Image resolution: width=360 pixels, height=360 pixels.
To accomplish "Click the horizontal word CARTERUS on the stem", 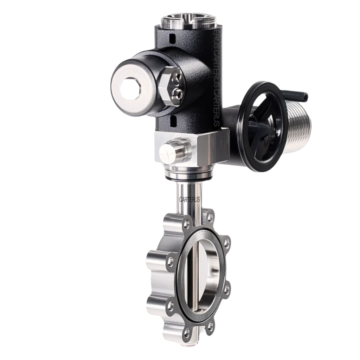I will click(189, 199).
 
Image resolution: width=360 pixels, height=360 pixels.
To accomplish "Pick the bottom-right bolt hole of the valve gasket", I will click(210, 325).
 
